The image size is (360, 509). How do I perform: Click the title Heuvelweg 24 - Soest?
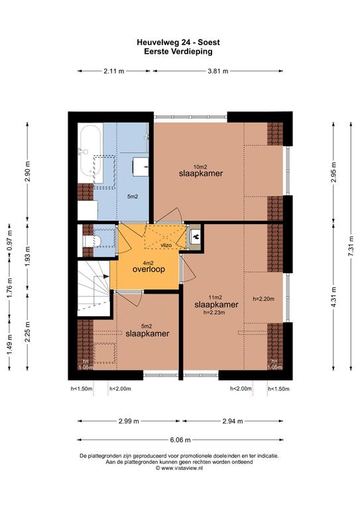(178, 42)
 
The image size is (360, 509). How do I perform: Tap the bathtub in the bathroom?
(91, 151)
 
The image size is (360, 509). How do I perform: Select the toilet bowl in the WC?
(93, 241)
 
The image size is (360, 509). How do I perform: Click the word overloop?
(149, 270)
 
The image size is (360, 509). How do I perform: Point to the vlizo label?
(166, 245)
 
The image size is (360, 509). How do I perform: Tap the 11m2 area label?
(215, 298)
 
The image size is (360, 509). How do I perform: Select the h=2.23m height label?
(214, 313)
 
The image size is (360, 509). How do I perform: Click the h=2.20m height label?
(264, 299)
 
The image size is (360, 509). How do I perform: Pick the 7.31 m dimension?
(351, 246)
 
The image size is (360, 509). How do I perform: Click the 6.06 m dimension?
(180, 440)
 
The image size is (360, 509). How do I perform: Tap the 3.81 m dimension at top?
(218, 71)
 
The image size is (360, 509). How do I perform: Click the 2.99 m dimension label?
(129, 421)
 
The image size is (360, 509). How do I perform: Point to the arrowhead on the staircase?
(106, 276)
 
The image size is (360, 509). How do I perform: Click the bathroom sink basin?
(141, 167)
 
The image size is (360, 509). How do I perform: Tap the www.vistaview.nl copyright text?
(179, 468)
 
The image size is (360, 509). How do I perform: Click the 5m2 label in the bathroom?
(133, 196)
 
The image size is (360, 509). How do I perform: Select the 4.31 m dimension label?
(333, 297)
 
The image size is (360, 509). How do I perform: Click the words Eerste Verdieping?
(178, 51)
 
